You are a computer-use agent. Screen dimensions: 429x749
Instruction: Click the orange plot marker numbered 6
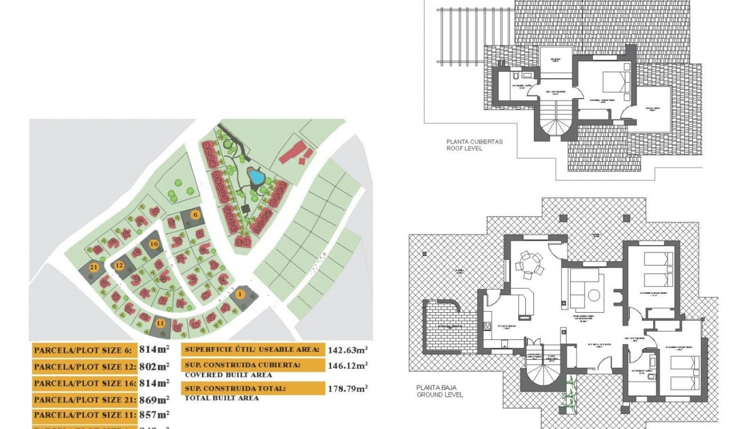(x=195, y=215)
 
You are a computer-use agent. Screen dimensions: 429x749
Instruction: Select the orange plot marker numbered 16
(x=153, y=244)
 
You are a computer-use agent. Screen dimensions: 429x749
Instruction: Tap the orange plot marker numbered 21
(x=94, y=267)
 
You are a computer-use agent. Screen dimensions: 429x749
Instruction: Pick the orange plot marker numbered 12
(x=119, y=265)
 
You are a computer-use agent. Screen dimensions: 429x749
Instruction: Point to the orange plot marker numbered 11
(x=160, y=323)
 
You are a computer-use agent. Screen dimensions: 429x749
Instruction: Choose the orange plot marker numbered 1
(x=240, y=293)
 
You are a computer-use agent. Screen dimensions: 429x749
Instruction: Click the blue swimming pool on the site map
(x=257, y=178)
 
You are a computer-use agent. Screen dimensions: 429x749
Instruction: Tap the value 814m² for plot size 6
(x=154, y=350)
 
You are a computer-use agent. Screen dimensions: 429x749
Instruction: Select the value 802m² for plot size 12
(x=154, y=367)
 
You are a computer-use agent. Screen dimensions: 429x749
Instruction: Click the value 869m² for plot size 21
(x=154, y=399)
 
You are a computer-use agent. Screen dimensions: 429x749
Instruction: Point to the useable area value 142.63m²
(x=348, y=350)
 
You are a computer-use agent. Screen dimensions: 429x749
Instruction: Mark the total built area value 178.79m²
(x=348, y=389)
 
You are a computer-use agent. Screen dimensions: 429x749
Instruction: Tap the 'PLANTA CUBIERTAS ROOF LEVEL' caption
(x=474, y=145)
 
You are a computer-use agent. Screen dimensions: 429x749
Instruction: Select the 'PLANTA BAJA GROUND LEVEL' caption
(x=440, y=391)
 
